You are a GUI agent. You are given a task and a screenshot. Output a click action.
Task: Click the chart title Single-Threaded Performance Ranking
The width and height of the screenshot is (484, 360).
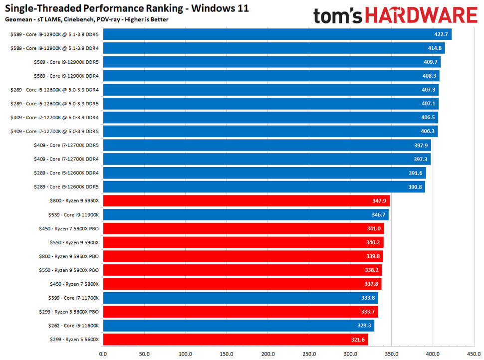[x=127, y=8]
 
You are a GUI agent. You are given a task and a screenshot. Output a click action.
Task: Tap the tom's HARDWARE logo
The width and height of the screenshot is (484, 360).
[x=395, y=15]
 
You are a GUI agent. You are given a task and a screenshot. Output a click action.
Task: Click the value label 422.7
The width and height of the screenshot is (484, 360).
[x=442, y=34]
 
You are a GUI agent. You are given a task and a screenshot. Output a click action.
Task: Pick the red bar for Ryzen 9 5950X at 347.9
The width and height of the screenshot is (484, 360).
[x=246, y=201]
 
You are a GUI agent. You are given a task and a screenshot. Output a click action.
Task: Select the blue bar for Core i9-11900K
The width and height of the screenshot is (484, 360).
[x=245, y=215]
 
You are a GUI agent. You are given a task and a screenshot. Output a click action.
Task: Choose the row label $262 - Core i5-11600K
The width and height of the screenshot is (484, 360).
[x=69, y=326]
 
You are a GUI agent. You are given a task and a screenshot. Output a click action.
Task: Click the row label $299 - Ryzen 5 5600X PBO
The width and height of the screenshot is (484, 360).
[x=69, y=312]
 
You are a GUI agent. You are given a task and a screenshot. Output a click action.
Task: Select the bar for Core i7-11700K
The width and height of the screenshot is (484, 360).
[x=240, y=298]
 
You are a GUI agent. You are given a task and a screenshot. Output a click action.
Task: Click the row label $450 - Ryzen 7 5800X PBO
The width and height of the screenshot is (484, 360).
[x=69, y=228]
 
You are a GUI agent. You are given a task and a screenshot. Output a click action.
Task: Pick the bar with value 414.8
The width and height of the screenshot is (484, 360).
[x=273, y=48]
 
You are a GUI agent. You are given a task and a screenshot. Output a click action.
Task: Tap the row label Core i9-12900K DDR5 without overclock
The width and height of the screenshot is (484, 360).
[x=69, y=62]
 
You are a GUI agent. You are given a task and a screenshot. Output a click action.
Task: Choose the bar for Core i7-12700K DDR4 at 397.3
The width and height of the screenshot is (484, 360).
[x=266, y=159]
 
